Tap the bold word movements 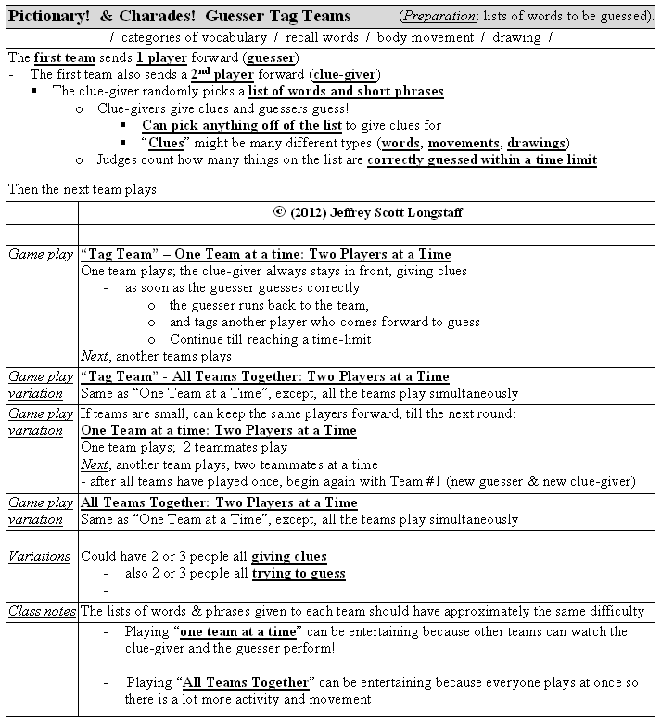[463, 143]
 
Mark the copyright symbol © [279, 212]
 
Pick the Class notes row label [41, 611]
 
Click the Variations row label [39, 556]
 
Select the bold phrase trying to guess [299, 573]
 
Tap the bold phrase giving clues [288, 556]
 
